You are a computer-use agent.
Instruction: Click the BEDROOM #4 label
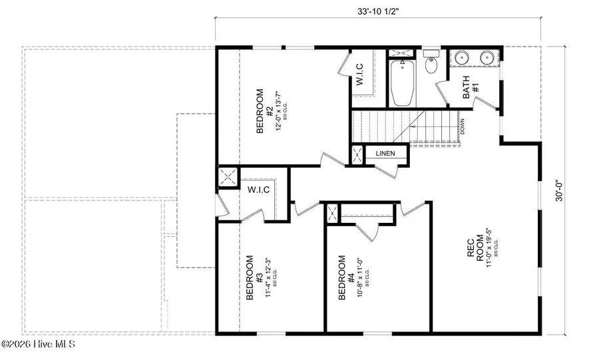point(342,277)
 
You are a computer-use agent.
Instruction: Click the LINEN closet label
point(385,154)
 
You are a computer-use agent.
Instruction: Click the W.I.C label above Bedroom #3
point(258,190)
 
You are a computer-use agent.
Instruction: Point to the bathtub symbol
point(401,83)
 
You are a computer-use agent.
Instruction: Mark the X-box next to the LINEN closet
point(357,154)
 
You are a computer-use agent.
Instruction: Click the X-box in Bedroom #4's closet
point(332,214)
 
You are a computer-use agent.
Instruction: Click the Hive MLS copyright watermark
point(38,345)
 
